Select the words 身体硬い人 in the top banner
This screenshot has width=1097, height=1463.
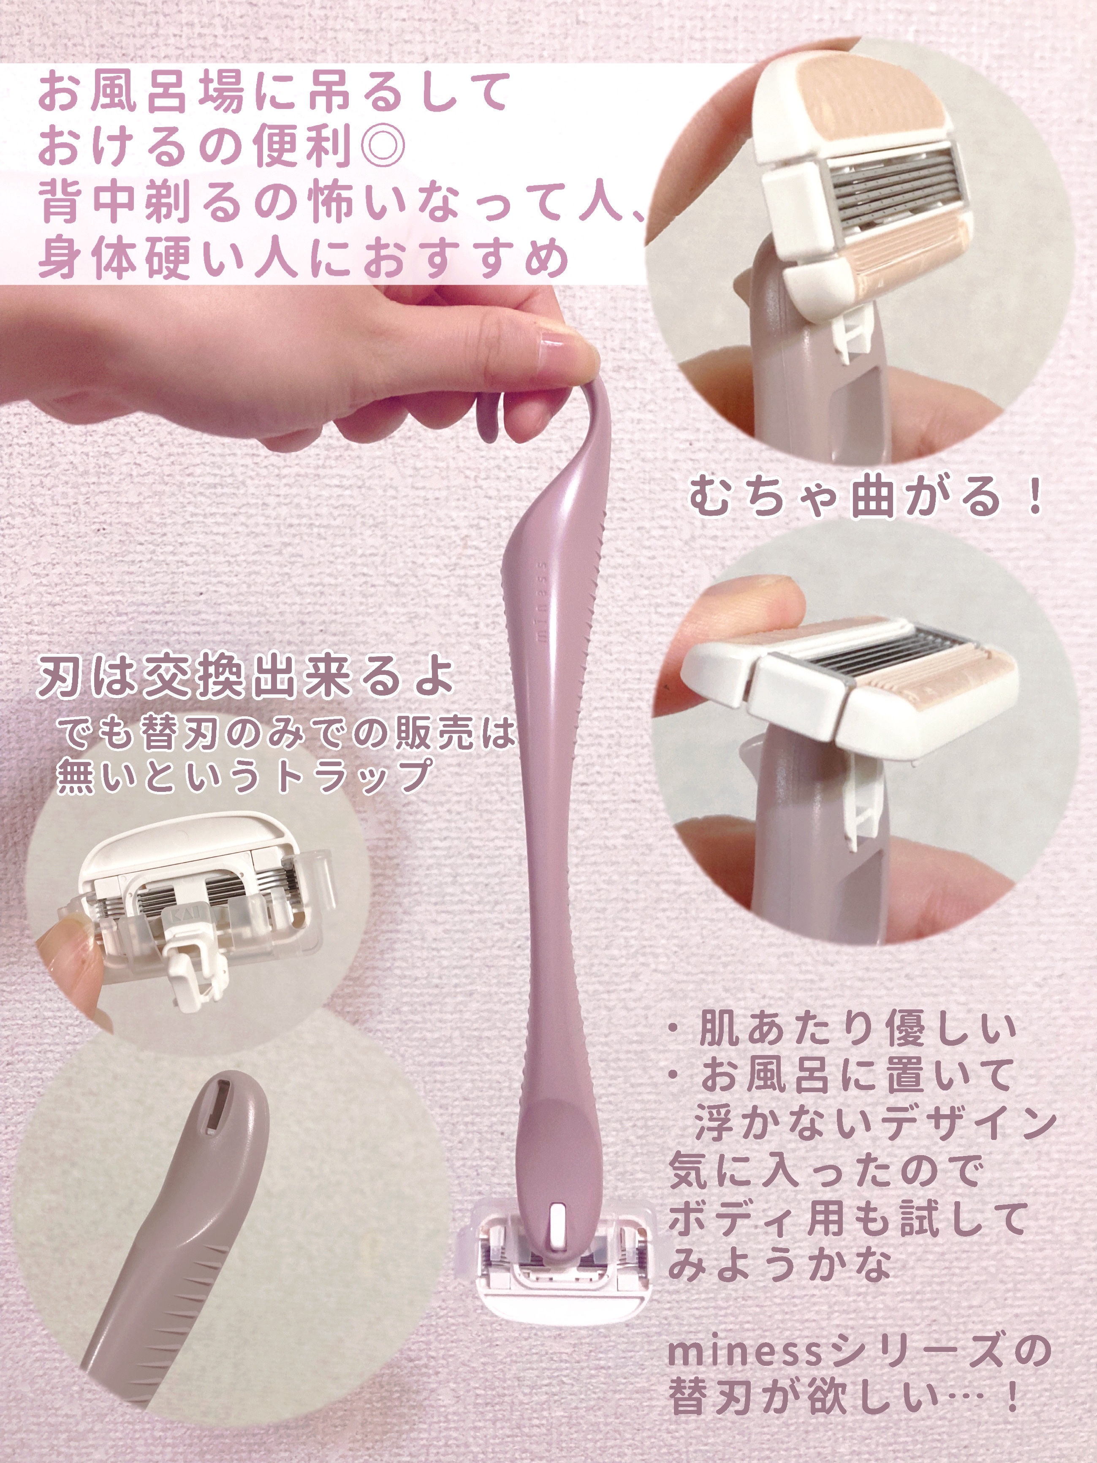pos(166,258)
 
